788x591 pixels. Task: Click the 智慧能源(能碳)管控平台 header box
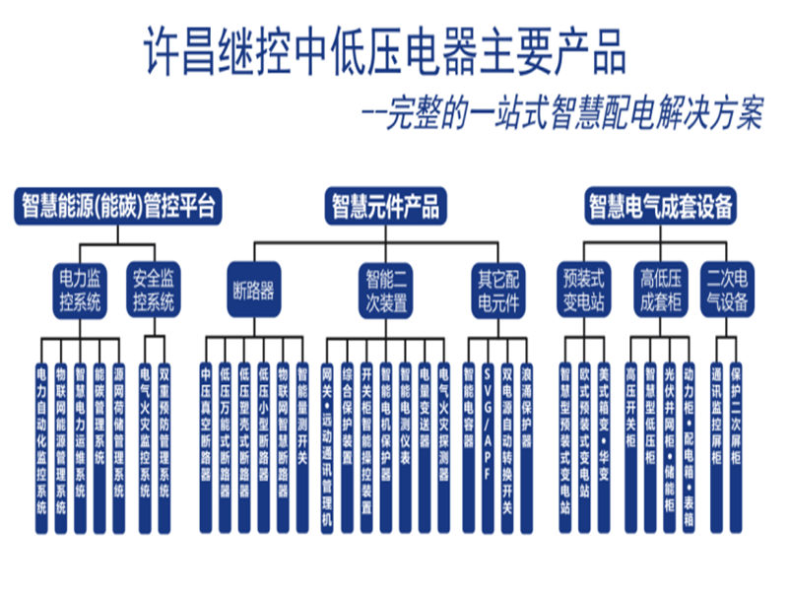tap(118, 206)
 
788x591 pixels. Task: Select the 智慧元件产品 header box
tap(384, 206)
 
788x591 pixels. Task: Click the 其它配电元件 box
tap(497, 289)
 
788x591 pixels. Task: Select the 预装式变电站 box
tap(584, 289)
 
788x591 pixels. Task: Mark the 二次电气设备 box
tap(727, 289)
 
